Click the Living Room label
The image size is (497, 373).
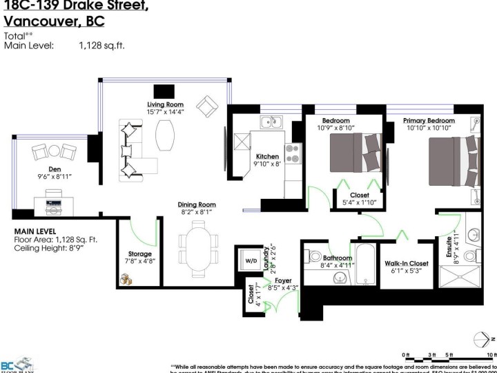pos(168,105)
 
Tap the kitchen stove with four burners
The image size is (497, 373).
pos(293,153)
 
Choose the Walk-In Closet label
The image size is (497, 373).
pos(407,263)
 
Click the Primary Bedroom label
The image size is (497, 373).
pos(429,121)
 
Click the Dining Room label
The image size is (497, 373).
pos(197,204)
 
